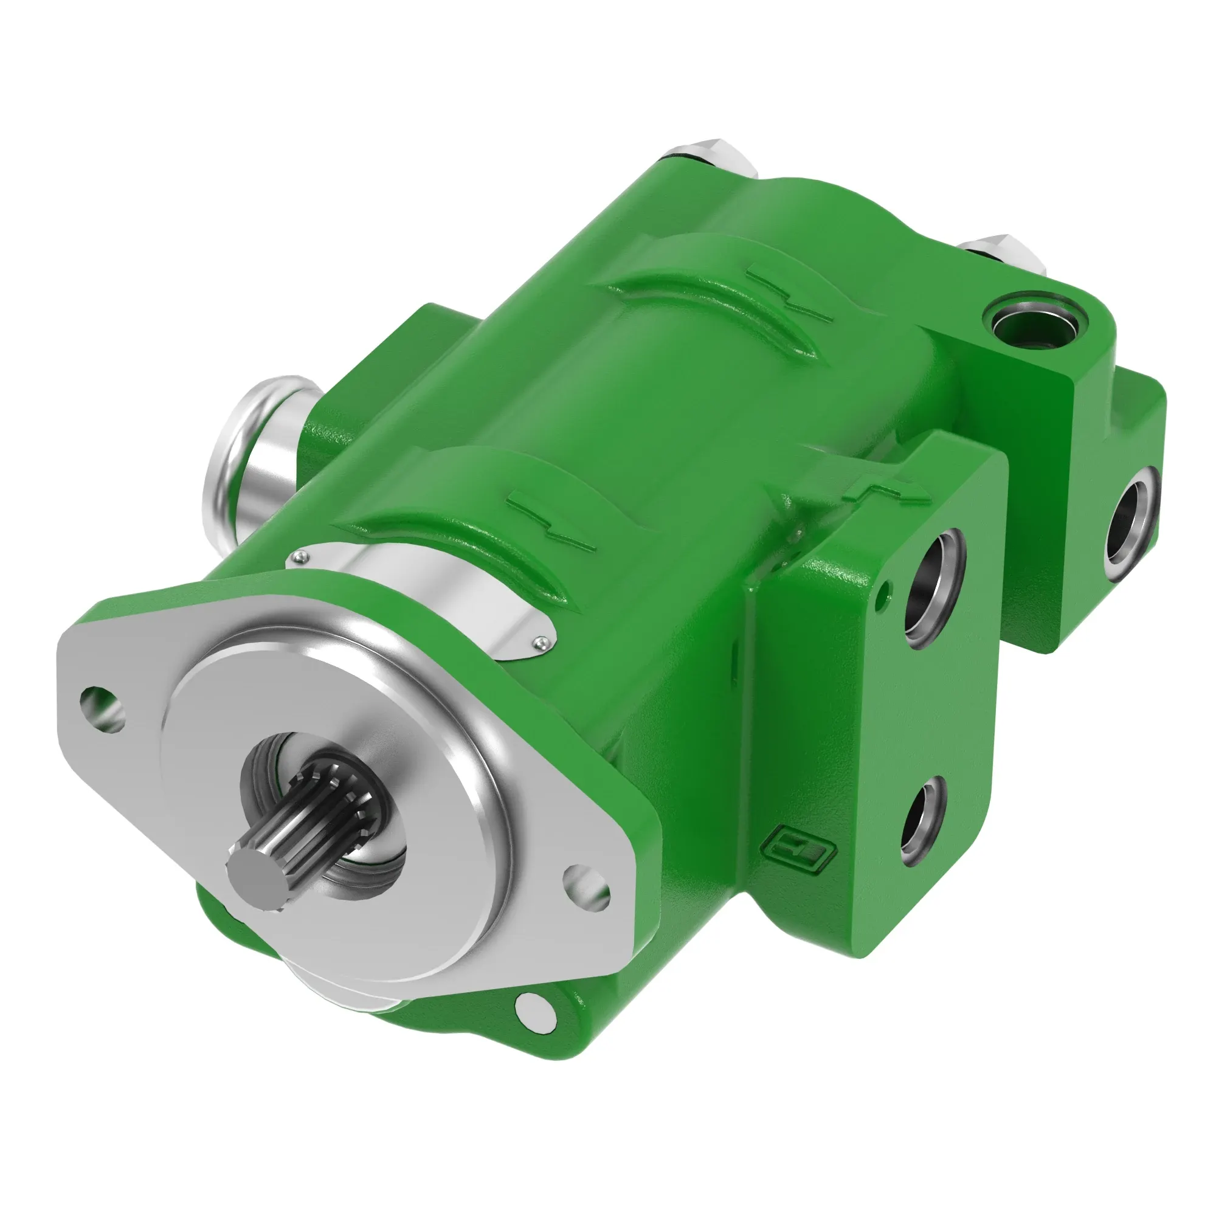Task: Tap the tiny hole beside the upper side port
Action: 887,589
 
